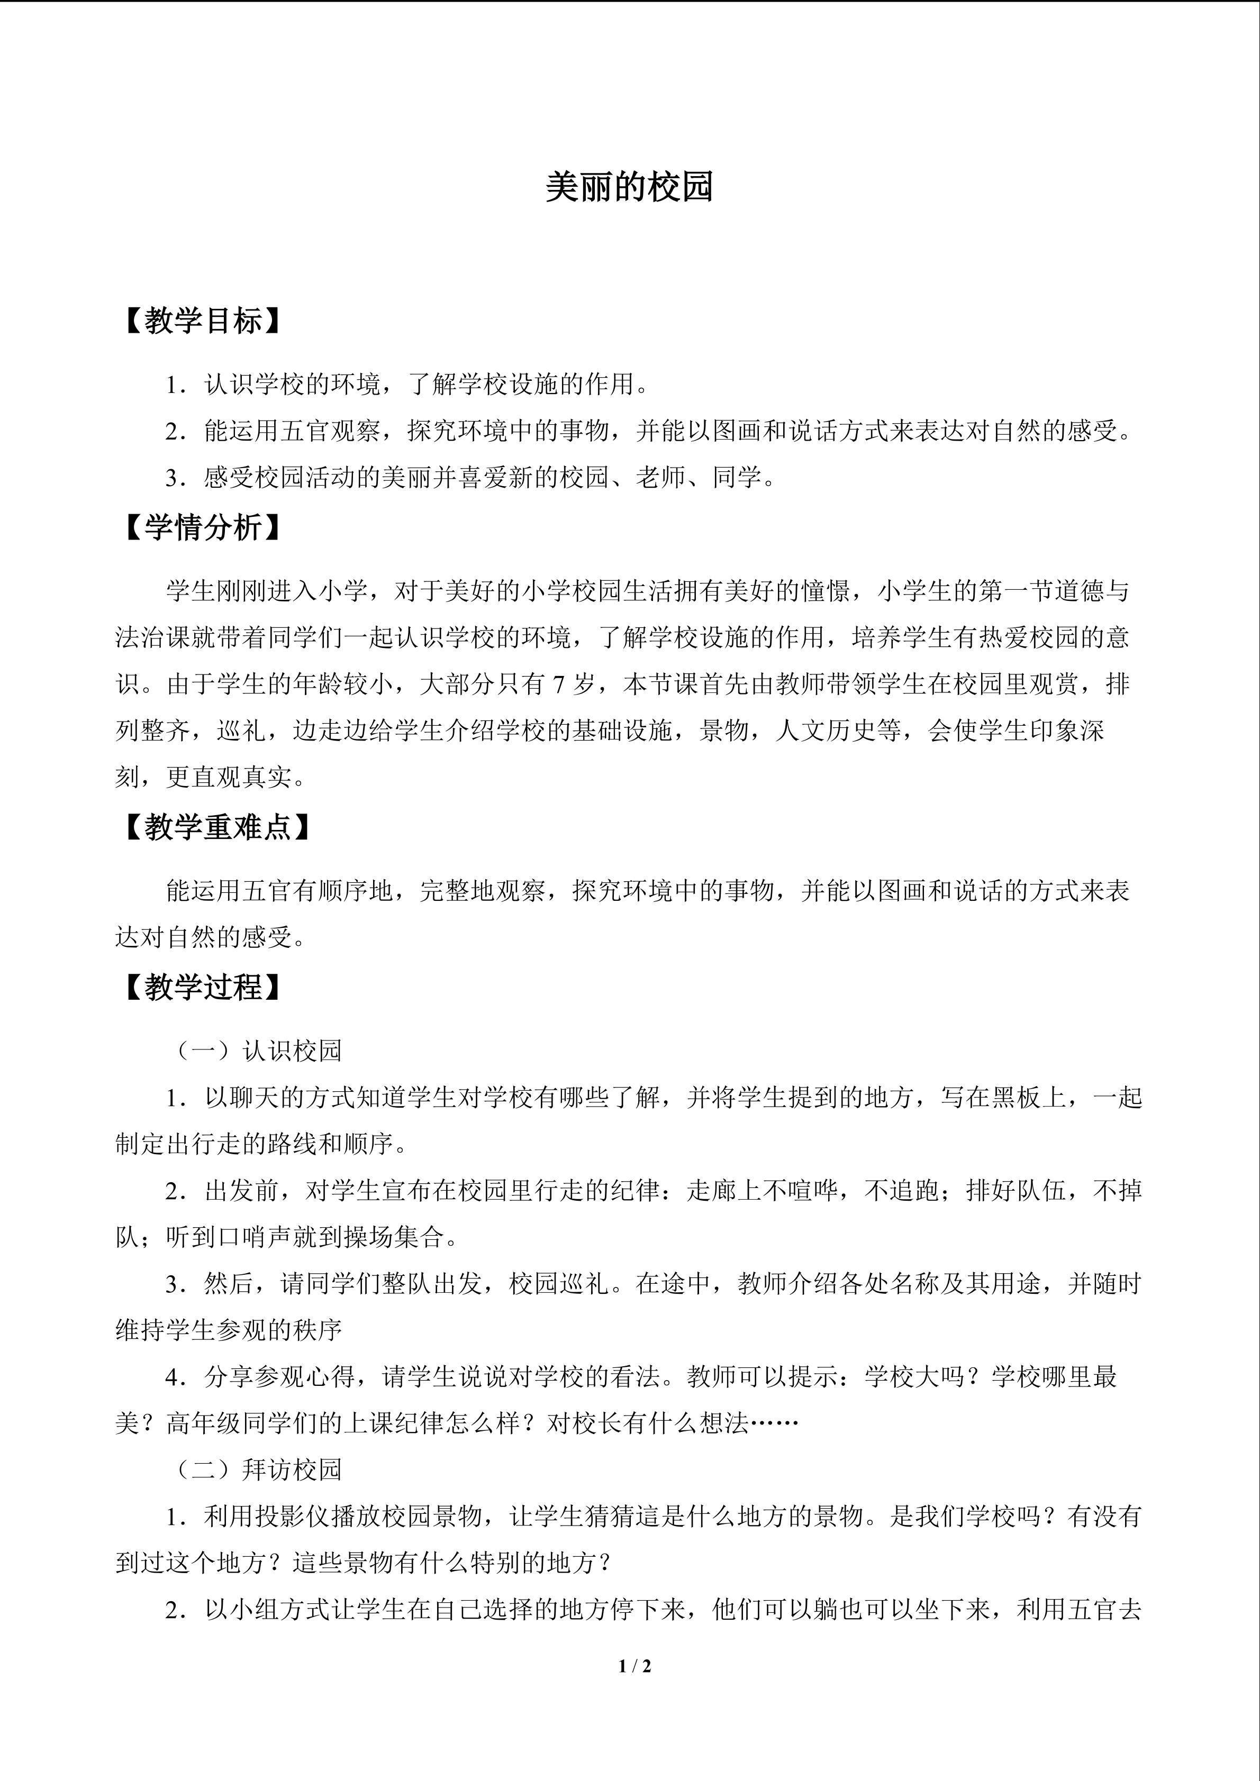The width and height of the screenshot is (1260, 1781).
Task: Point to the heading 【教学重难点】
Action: coord(217,828)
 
